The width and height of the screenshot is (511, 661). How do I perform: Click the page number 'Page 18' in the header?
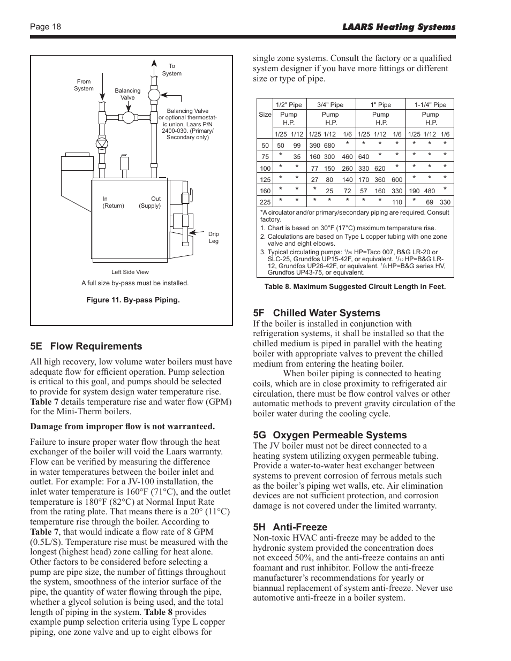click(x=46, y=27)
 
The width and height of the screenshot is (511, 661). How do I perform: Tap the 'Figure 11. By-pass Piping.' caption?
click(x=133, y=300)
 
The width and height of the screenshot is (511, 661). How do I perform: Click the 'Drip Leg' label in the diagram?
click(x=214, y=238)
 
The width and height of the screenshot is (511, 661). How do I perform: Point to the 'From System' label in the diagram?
click(x=84, y=85)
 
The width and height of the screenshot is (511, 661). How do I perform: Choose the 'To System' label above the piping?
click(x=172, y=70)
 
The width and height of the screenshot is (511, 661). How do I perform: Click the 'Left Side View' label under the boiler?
click(x=130, y=272)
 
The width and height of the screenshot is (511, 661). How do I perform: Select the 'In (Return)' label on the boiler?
click(x=113, y=202)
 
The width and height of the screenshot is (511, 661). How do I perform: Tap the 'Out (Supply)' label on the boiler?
click(x=150, y=202)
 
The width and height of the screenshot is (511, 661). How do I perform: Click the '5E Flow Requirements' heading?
click(x=86, y=346)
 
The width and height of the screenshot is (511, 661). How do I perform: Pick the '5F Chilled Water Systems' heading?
click(x=317, y=313)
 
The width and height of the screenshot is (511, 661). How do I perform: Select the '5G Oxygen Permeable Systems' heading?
click(x=330, y=435)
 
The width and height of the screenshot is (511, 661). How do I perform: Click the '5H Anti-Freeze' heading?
click(x=290, y=527)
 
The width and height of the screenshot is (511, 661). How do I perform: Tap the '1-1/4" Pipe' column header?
click(x=430, y=105)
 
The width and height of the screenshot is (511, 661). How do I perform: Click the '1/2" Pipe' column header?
click(x=289, y=105)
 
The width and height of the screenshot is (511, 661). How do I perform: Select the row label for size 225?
click(x=265, y=202)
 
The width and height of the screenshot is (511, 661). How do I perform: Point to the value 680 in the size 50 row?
click(x=329, y=146)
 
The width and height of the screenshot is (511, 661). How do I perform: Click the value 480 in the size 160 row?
click(x=430, y=191)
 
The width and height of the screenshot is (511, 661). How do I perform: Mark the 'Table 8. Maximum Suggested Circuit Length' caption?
click(x=355, y=287)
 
